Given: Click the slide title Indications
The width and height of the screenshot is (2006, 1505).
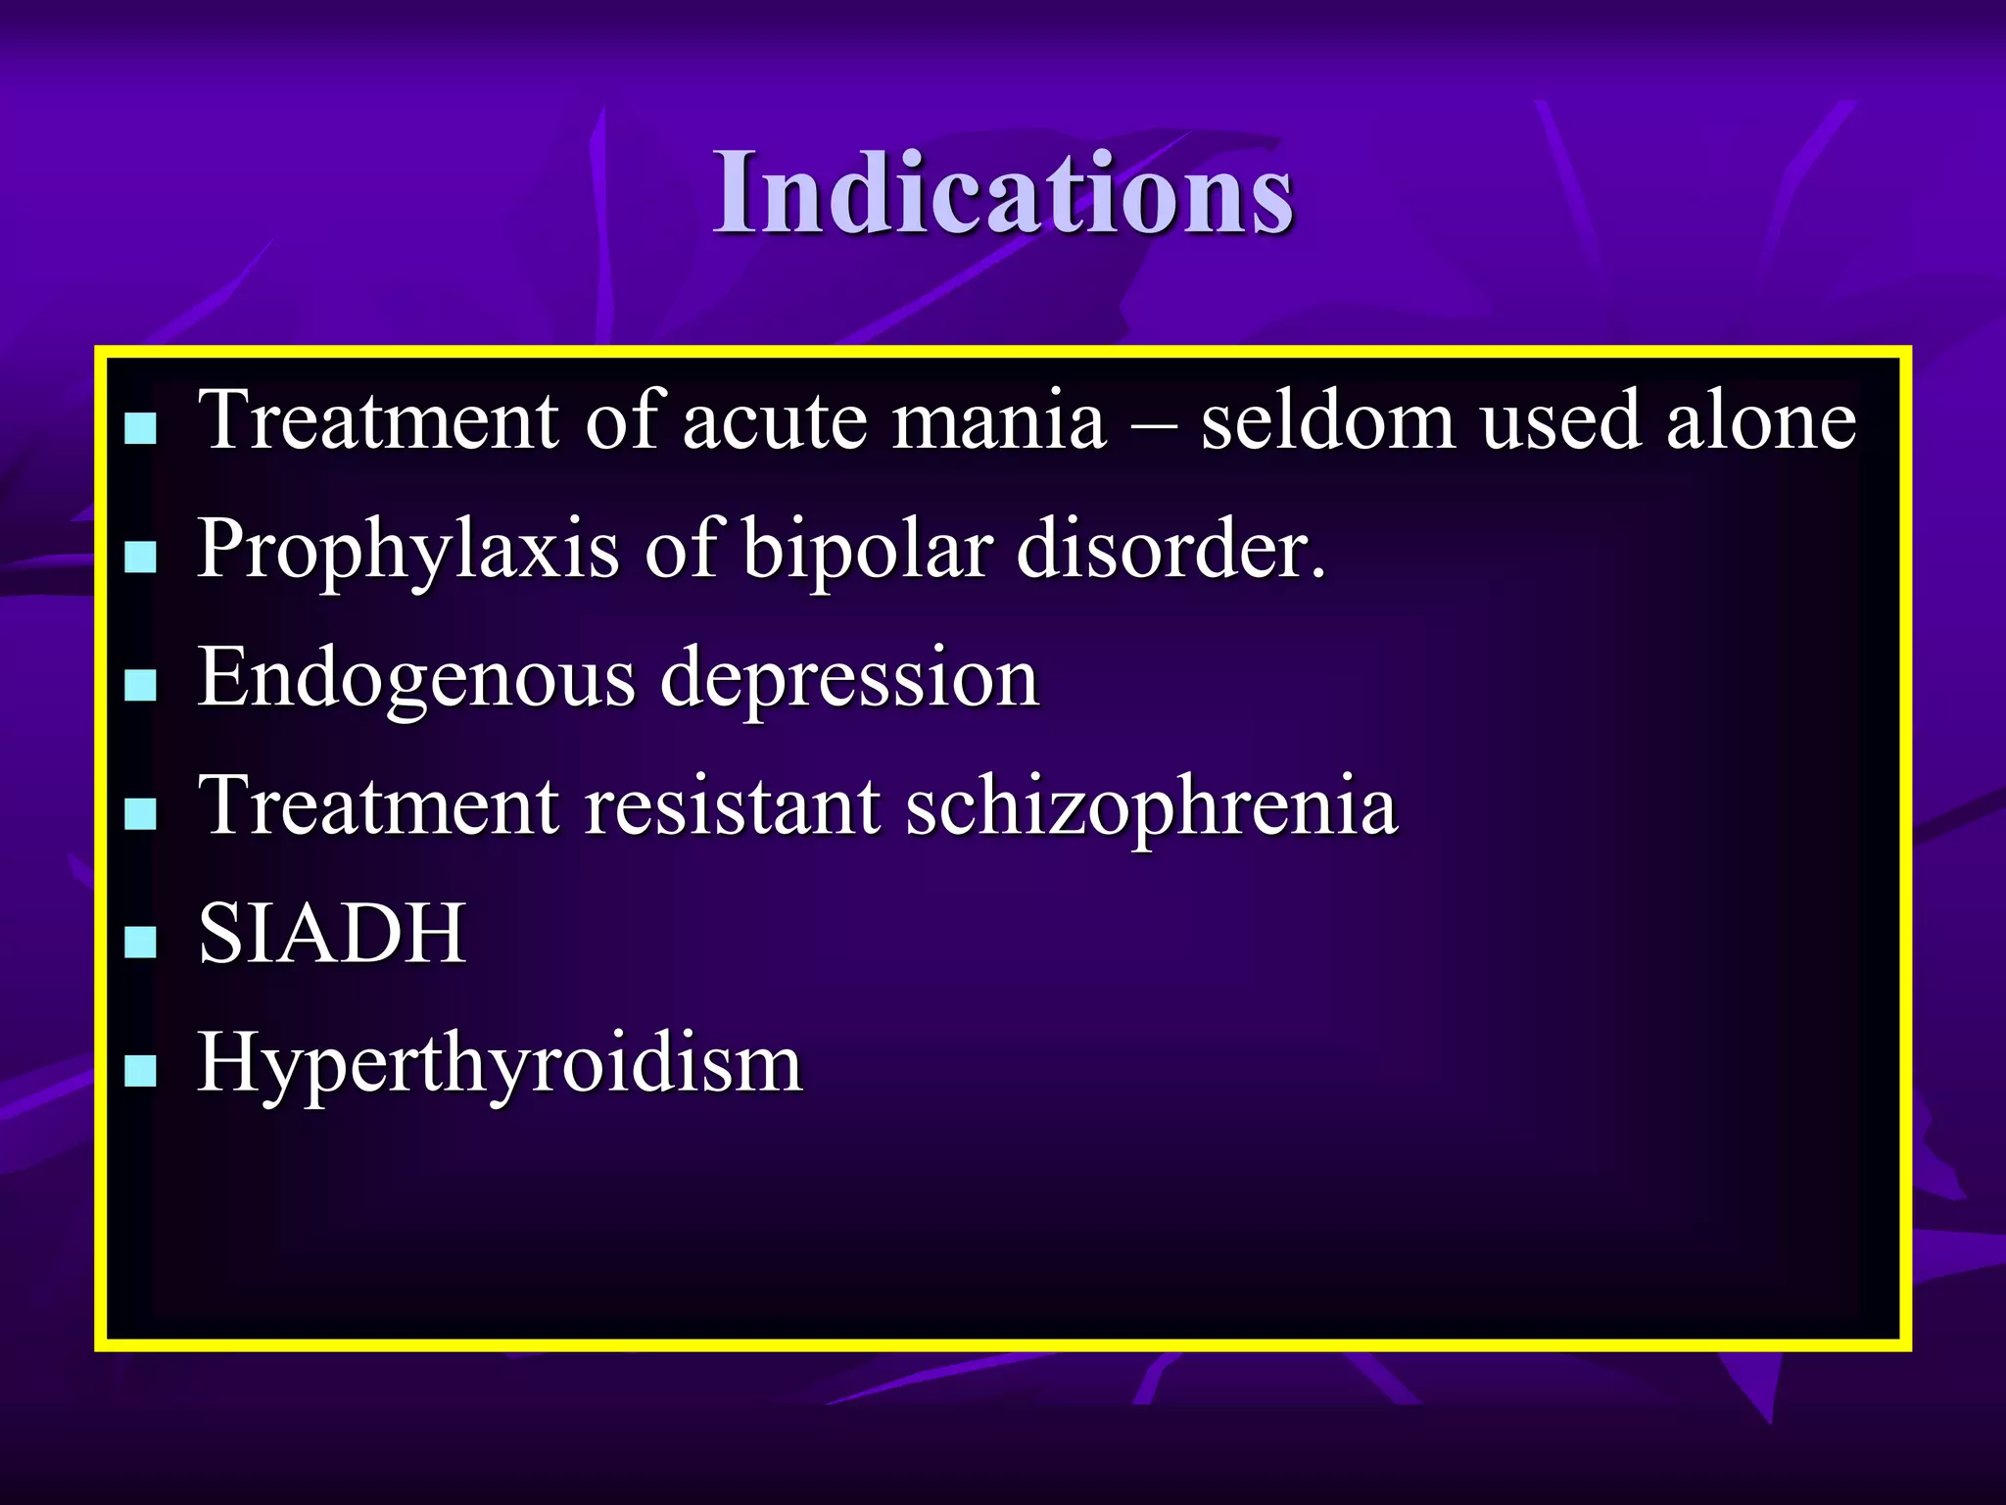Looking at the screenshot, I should point(1003,192).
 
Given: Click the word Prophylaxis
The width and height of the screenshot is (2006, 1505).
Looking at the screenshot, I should point(407,551).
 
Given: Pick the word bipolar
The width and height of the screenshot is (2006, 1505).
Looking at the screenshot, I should point(868,551).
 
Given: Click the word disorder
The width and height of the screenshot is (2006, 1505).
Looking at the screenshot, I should point(1171,551).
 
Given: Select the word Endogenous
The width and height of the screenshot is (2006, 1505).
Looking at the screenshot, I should point(416,679).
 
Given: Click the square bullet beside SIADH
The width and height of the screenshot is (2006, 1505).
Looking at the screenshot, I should point(141,942).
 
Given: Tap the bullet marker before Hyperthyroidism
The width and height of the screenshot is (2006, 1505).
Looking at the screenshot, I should point(141,1071).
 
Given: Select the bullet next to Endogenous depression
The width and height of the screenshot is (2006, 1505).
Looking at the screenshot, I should point(141,685).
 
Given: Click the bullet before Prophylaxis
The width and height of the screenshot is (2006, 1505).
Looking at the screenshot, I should point(141,557).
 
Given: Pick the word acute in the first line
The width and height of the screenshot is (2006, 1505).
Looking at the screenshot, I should point(775,421).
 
